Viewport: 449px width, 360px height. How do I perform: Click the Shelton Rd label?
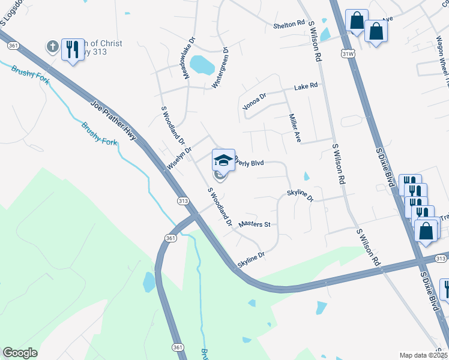point(289,25)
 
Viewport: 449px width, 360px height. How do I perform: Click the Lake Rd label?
point(306,87)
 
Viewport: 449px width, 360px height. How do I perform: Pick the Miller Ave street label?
point(295,128)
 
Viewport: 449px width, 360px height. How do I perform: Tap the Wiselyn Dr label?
point(179,159)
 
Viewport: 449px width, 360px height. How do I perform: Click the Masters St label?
point(255,224)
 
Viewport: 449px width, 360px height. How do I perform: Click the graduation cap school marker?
point(223,160)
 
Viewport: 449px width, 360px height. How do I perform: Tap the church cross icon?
point(53,46)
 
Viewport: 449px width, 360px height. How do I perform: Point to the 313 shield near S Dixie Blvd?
point(441,259)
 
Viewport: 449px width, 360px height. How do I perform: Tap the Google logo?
point(20,353)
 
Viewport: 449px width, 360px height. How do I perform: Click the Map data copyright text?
point(423,355)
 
